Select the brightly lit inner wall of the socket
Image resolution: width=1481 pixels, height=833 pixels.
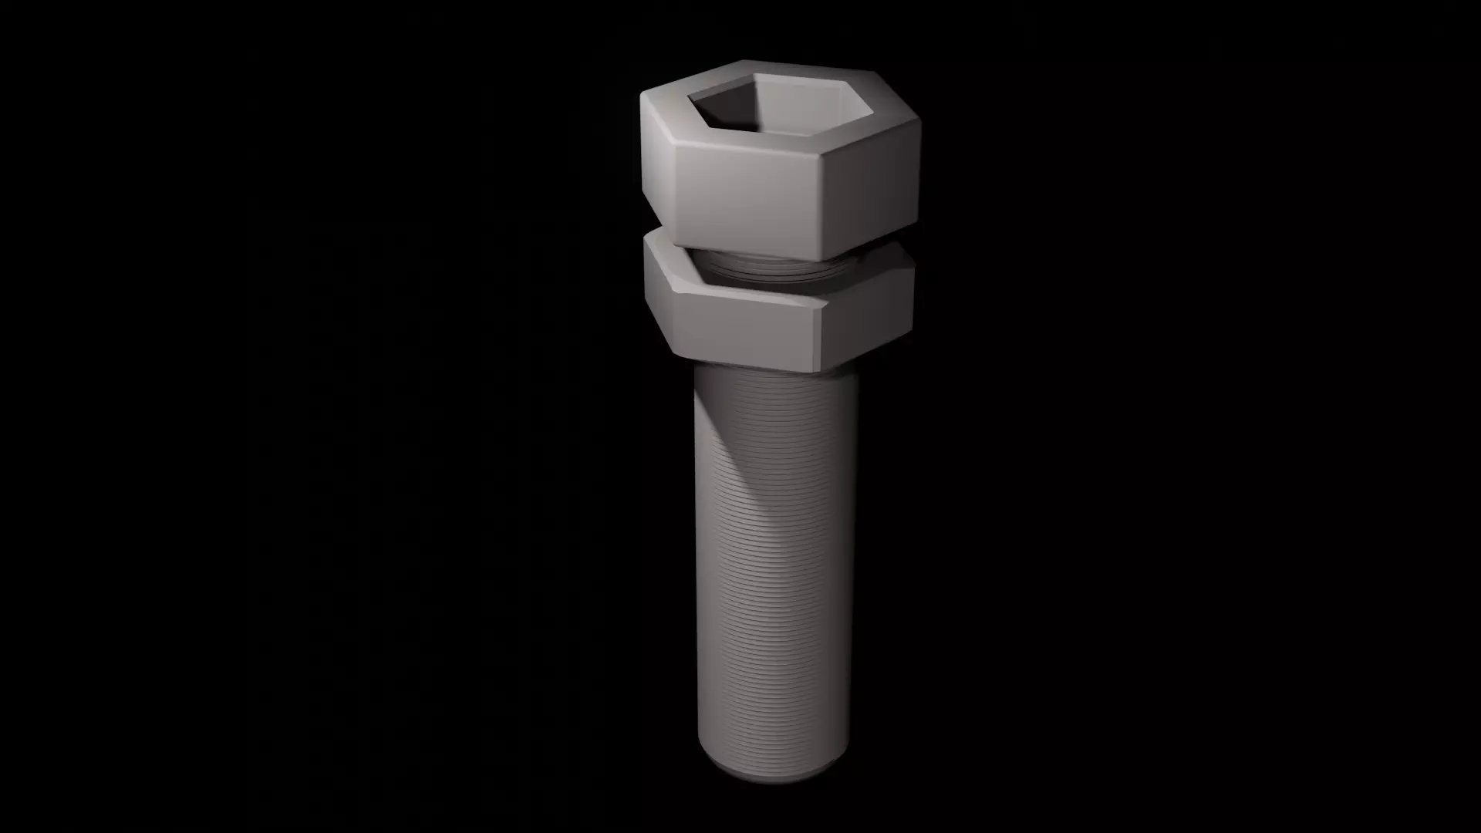pyautogui.click(x=802, y=100)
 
